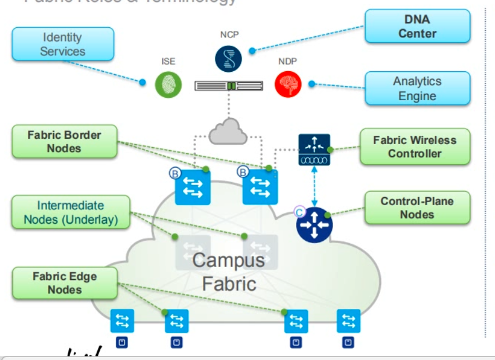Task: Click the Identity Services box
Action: (x=62, y=44)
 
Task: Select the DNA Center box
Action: (x=417, y=26)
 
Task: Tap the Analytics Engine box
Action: (x=417, y=88)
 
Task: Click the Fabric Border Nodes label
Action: (x=64, y=142)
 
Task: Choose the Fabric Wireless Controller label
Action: (x=414, y=147)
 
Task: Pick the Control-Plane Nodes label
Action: (x=417, y=208)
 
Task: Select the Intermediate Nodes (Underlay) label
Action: (x=71, y=213)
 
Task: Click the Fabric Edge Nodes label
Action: (x=64, y=283)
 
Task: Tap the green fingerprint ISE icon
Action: (x=169, y=85)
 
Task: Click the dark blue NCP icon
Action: (x=229, y=58)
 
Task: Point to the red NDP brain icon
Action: (x=288, y=85)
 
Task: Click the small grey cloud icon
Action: (x=229, y=131)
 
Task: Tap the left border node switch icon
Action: (x=193, y=187)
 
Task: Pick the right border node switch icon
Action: (x=260, y=187)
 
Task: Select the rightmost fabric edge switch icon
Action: (x=348, y=321)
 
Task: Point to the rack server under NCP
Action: (x=229, y=86)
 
